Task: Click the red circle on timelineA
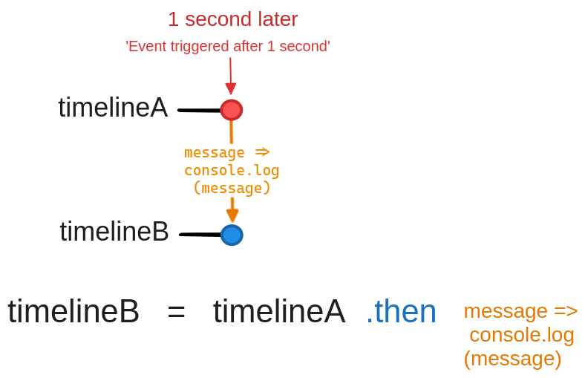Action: tap(232, 110)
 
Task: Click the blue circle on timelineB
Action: tap(232, 235)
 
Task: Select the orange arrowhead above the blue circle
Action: tap(232, 214)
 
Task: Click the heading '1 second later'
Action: tap(232, 19)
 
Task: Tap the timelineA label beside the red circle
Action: tap(113, 108)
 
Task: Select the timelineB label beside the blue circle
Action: tap(114, 232)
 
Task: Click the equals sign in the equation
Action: tap(176, 312)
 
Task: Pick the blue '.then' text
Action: tap(401, 312)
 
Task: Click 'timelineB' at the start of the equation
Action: tap(73, 312)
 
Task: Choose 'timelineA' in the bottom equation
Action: tap(279, 312)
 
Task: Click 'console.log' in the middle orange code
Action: tap(232, 171)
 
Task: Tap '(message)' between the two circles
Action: tap(232, 188)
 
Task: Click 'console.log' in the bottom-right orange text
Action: tap(522, 335)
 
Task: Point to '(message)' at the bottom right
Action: tap(512, 359)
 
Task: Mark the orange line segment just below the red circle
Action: tap(232, 132)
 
